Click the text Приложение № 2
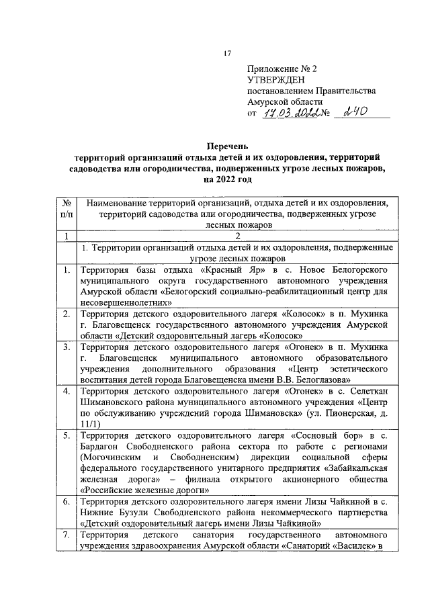coord(282,69)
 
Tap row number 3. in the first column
coord(65,347)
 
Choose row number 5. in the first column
coord(65,435)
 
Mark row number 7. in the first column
coord(65,535)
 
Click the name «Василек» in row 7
coord(363,547)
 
